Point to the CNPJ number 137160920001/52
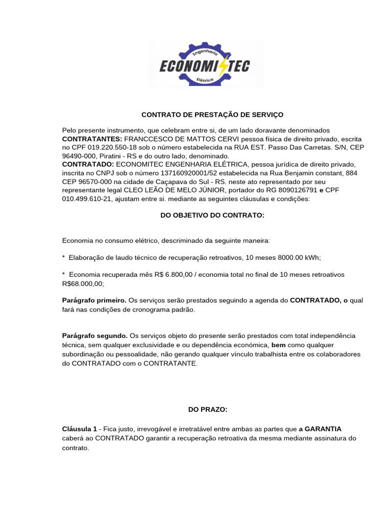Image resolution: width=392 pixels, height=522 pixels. pos(165,173)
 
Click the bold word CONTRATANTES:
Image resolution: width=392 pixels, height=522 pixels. pos(92,139)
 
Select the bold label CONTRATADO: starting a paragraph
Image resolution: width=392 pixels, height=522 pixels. pos(88,165)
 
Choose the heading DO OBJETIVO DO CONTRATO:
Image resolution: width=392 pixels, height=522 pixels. pos(212,216)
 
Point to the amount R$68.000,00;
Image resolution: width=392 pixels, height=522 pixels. pos(83,283)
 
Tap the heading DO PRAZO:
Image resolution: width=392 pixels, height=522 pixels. pos(208,409)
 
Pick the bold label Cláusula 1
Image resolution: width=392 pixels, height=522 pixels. pos(80,430)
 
